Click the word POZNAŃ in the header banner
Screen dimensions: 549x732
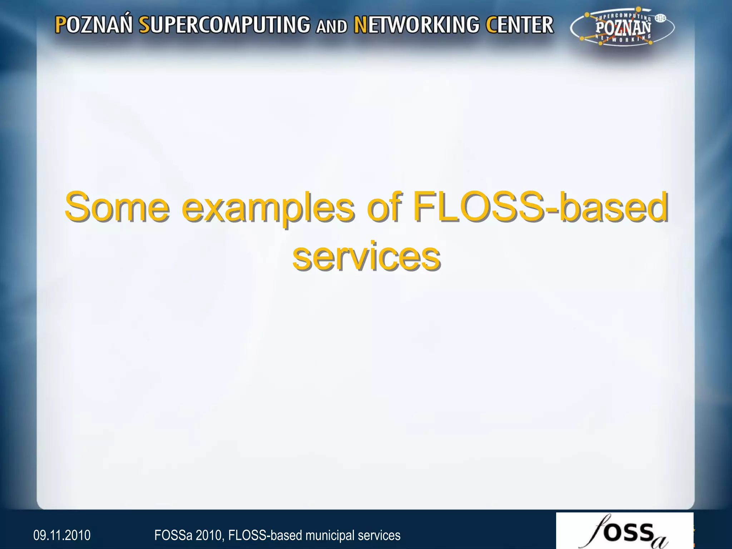[94, 25]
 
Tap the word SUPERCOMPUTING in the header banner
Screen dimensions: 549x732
[224, 25]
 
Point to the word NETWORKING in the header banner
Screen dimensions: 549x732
[416, 25]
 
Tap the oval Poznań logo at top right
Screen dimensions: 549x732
[622, 28]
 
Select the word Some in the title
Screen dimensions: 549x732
[117, 207]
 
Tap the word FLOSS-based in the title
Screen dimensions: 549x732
[540, 207]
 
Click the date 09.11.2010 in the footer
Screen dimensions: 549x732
[62, 535]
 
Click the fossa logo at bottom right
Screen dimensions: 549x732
[624, 531]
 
